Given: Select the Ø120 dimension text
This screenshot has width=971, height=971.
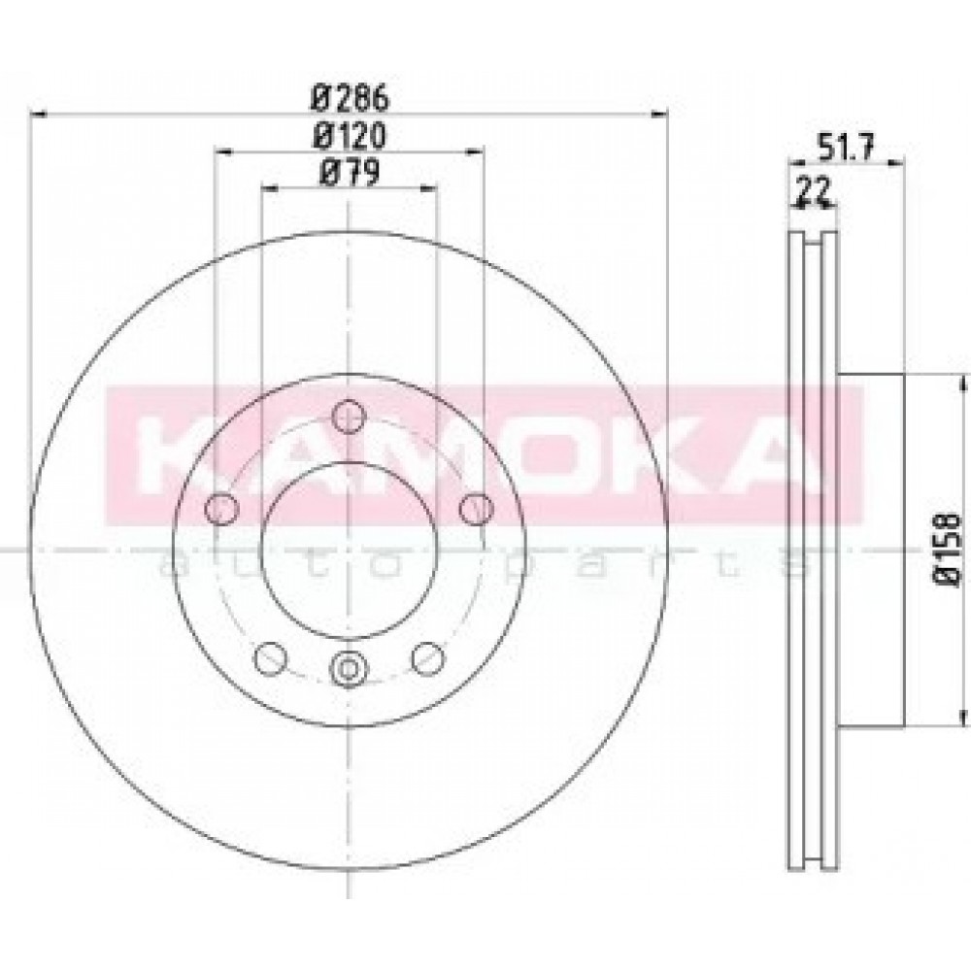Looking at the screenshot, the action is click(x=350, y=136).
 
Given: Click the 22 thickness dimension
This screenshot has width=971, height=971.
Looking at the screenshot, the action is click(x=813, y=191).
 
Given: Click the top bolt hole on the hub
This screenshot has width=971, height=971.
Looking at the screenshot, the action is click(x=348, y=416).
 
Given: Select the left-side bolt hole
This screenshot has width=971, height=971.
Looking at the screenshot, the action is click(x=221, y=509).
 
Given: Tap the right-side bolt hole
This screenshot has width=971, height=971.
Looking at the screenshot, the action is click(x=476, y=509).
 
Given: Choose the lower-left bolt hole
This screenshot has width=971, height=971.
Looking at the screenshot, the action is click(x=271, y=658).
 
